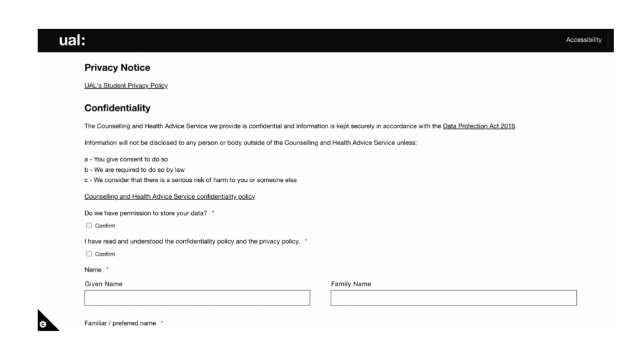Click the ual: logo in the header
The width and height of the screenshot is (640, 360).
tap(72, 41)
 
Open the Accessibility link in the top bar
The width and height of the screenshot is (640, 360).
tap(583, 40)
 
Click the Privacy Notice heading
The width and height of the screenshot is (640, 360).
tap(117, 67)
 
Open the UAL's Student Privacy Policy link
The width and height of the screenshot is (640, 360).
tap(126, 86)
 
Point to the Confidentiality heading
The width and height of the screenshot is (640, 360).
tap(117, 108)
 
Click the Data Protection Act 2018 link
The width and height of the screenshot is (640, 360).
tap(479, 126)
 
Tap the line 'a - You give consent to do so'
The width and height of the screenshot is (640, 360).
tap(126, 159)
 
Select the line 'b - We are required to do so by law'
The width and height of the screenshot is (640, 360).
tap(134, 169)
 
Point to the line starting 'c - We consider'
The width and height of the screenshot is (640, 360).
tap(191, 180)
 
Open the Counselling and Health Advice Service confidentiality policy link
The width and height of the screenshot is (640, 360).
tap(169, 197)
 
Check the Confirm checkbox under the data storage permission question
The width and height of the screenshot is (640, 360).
tap(89, 226)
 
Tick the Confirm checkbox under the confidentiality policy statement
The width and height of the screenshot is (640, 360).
tap(89, 254)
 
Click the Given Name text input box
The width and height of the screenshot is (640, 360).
tap(197, 298)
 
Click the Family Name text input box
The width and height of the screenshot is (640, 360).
tap(453, 298)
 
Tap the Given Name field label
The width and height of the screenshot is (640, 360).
tap(103, 284)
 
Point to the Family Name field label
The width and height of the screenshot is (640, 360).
tap(351, 284)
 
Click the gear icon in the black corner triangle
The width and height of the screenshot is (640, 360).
tap(42, 324)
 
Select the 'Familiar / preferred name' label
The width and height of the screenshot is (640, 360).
tap(120, 323)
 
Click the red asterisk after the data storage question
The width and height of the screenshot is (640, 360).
tap(213, 213)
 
